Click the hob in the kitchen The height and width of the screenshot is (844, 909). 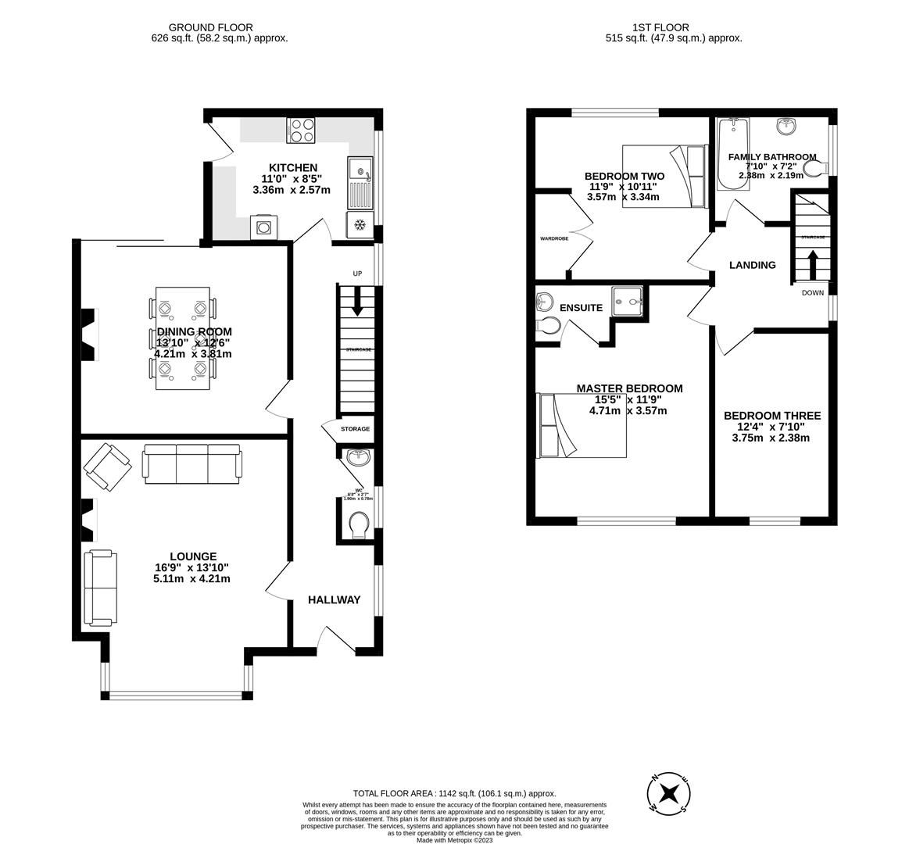pos(302,131)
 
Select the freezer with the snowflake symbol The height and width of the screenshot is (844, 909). pos(360,225)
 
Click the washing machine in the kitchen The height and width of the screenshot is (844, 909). pos(263,227)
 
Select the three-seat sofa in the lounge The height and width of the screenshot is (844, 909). pos(191,463)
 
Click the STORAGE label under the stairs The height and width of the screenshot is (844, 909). pos(355,429)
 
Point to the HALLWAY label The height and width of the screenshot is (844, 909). pos(334,600)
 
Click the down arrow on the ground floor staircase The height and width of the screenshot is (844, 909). pos(357,302)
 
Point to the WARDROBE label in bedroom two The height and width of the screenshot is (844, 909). pos(553,238)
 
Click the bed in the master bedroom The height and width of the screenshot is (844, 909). pos(582,425)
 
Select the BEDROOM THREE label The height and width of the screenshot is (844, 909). pos(771,416)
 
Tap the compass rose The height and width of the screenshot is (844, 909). pos(669,793)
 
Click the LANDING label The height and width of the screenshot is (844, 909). pos(752,265)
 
